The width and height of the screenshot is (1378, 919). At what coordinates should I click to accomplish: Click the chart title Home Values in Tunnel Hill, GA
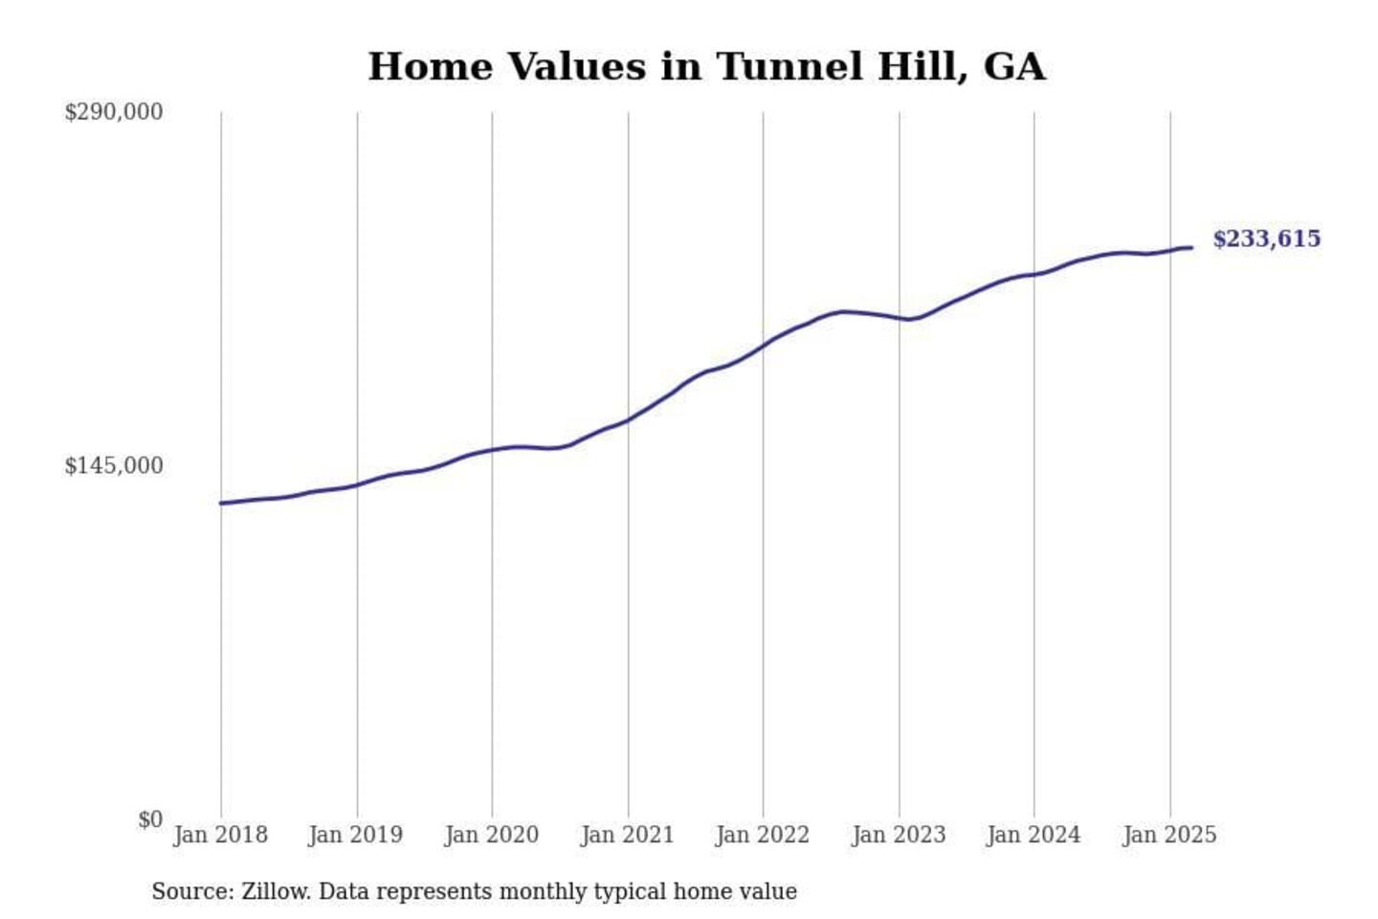[706, 67]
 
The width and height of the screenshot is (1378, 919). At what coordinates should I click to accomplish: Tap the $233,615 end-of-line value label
[1266, 239]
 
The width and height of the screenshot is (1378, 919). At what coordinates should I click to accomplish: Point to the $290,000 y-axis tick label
[114, 112]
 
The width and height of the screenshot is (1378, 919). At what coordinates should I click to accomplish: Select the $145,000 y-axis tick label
[114, 466]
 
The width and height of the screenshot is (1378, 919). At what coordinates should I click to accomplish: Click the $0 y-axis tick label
[150, 820]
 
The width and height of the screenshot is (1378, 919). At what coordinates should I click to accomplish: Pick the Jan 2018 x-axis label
[220, 835]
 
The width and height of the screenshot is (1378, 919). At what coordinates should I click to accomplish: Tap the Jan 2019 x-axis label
[356, 835]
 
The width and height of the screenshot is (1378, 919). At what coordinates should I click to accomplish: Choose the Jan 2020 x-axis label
[492, 835]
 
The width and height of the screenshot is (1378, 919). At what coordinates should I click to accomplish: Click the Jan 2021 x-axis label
[628, 835]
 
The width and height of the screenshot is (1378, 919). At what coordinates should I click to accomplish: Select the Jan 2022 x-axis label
[763, 835]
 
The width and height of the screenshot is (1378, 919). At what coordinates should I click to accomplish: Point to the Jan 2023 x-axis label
[899, 835]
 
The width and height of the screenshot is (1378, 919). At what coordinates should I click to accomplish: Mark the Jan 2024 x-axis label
[1033, 835]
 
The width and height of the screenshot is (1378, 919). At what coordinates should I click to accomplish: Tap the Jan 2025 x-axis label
[1169, 835]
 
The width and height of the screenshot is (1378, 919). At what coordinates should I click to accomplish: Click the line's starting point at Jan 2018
[221, 503]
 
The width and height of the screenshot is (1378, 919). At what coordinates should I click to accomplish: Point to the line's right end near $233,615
[1191, 248]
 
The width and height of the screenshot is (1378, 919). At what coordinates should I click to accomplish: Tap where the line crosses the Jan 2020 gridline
[493, 450]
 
